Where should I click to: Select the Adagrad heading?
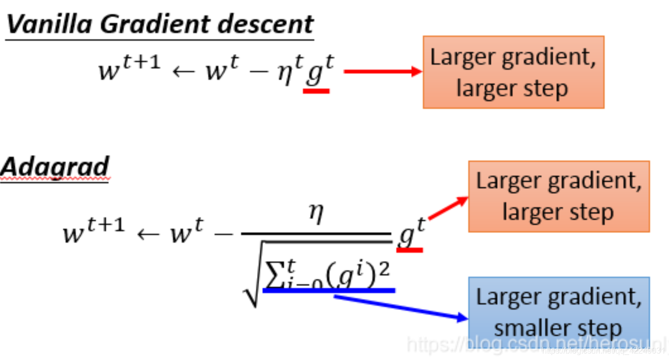point(55,167)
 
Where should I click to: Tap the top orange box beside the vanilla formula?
point(513,72)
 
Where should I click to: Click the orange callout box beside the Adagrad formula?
point(558,196)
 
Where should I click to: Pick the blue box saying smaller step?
point(558,312)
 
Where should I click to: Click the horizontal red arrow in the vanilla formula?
point(382,72)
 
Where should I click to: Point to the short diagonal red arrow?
point(448,208)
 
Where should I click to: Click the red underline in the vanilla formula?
point(316,91)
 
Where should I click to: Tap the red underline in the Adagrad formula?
point(409,249)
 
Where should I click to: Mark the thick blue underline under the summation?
point(329,290)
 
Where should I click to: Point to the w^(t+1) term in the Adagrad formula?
point(94,231)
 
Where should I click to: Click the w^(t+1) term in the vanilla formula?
point(129,69)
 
